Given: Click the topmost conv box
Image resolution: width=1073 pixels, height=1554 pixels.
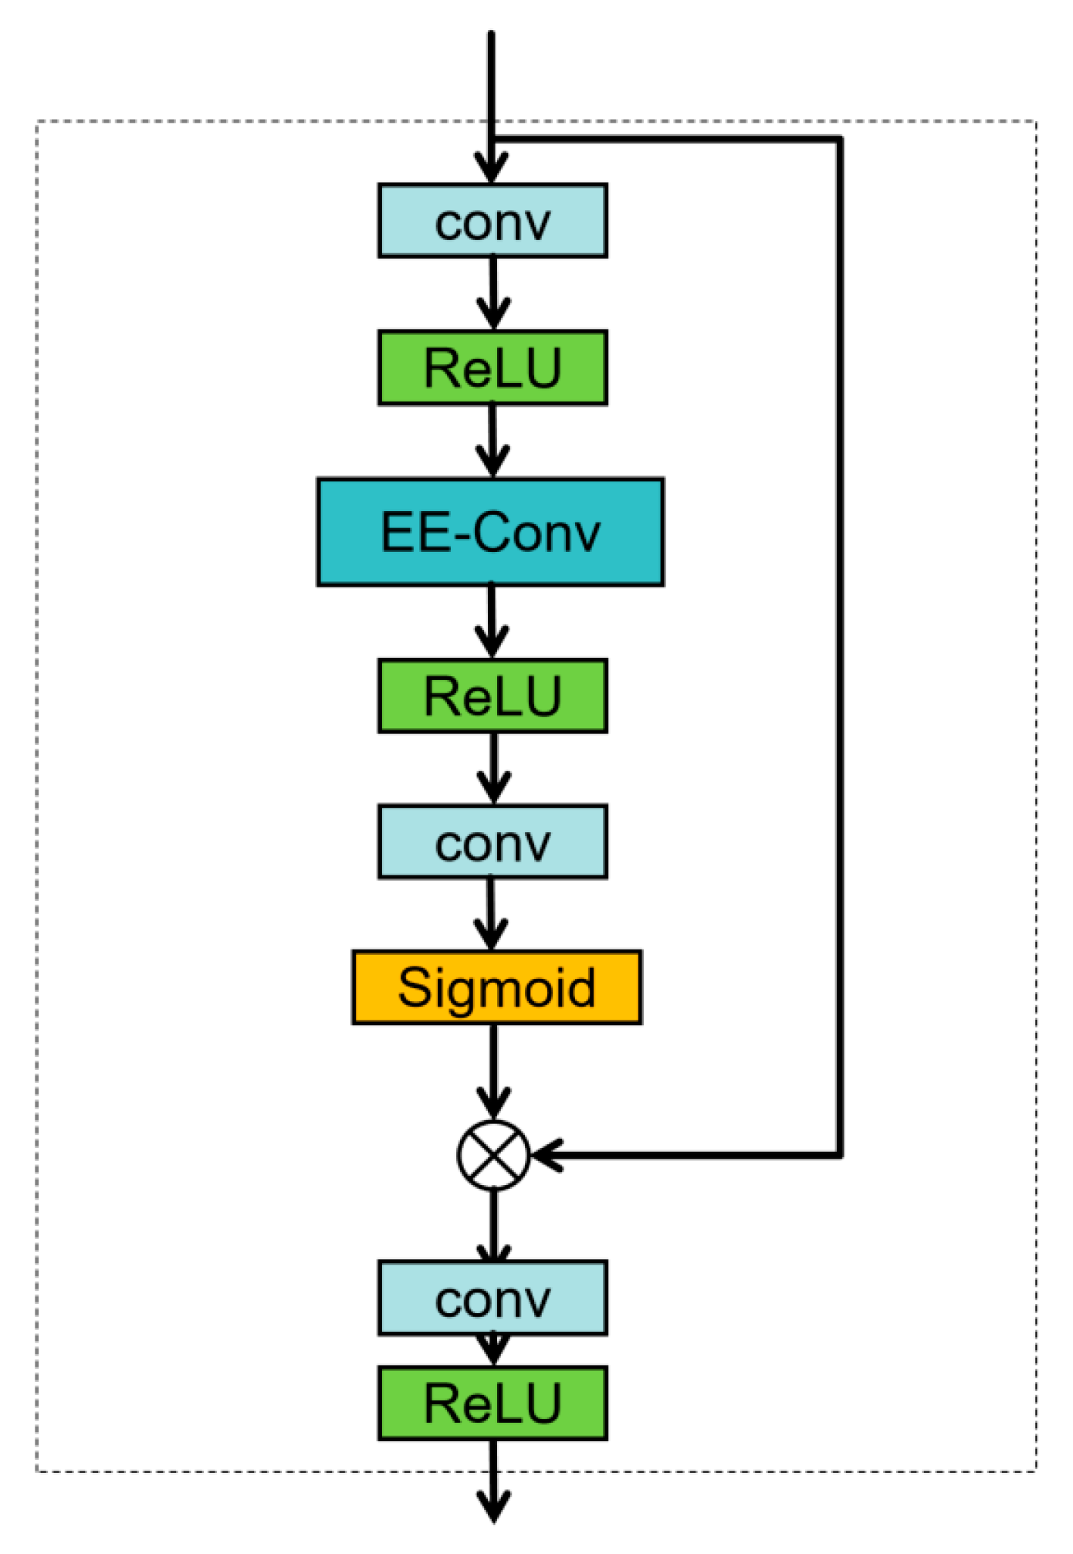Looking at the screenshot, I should [492, 221].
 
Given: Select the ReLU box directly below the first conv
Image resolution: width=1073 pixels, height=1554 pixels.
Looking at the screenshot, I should [492, 367].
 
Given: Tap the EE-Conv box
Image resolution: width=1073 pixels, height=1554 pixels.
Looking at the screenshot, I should [490, 532].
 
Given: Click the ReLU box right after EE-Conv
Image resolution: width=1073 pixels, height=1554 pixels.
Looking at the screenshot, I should [492, 696].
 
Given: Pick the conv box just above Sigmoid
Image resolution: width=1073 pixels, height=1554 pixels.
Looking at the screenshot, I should [492, 841].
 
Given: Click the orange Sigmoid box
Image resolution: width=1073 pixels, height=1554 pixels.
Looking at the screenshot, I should [496, 987].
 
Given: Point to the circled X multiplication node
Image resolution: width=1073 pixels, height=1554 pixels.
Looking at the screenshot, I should [493, 1155].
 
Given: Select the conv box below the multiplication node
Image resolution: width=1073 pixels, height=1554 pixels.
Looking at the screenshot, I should [492, 1298].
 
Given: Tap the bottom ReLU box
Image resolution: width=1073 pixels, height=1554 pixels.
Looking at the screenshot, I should [492, 1403].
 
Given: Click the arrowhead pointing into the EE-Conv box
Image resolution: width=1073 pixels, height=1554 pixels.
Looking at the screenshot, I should [492, 463].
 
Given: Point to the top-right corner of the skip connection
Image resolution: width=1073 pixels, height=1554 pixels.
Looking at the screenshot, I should [840, 140].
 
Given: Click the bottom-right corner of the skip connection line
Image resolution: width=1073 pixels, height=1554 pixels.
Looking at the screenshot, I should [840, 1155].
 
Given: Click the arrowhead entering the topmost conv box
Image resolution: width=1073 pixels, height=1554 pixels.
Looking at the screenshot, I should [492, 169].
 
